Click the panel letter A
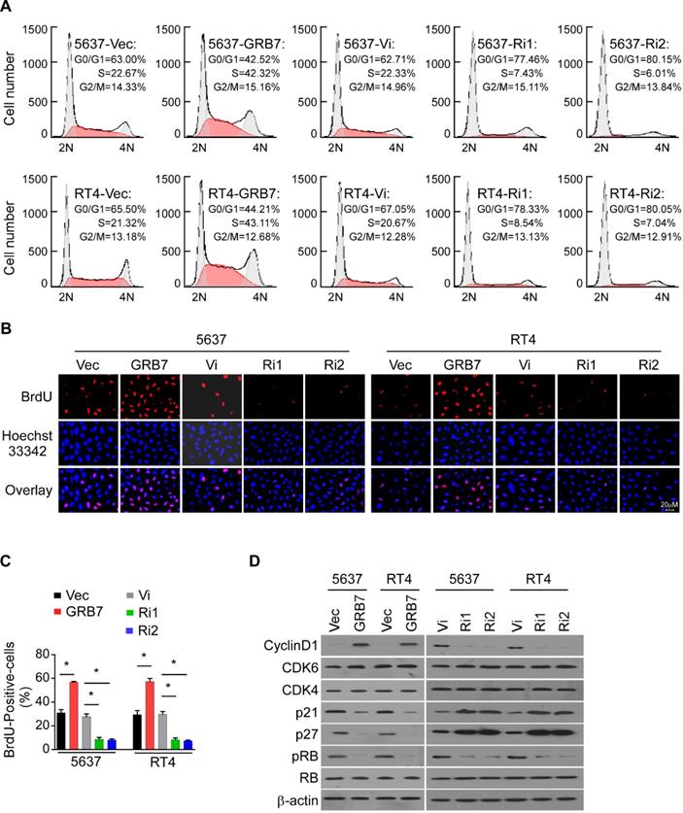pyautogui.click(x=8, y=8)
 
